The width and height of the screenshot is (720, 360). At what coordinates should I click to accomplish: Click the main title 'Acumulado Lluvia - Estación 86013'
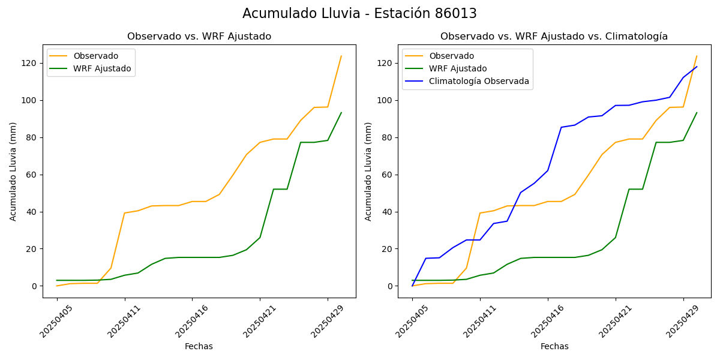pos(359,14)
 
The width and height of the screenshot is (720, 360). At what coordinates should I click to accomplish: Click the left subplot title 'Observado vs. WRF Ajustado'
pos(199,37)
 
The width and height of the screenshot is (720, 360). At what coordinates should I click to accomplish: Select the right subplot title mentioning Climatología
pos(554,37)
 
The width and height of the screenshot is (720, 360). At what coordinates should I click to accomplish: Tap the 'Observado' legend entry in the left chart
pos(95,56)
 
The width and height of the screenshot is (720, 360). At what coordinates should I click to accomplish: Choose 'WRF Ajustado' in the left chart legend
pos(102,68)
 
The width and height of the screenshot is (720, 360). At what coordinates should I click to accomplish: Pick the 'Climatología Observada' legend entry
pos(479,82)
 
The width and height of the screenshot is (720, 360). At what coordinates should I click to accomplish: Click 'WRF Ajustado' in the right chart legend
pos(458,68)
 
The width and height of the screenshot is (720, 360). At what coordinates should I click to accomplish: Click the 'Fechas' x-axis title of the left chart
pos(199,346)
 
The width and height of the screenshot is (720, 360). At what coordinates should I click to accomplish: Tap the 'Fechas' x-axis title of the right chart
pos(554,346)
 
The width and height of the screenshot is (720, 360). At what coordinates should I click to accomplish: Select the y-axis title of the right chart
pos(368,171)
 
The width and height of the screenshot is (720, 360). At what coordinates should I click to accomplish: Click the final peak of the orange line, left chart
pos(341,56)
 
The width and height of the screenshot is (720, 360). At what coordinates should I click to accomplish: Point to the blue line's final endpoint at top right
pos(697,67)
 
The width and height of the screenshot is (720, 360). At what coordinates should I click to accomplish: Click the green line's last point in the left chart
pos(341,113)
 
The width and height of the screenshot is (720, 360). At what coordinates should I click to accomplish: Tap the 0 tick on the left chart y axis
pos(34,286)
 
